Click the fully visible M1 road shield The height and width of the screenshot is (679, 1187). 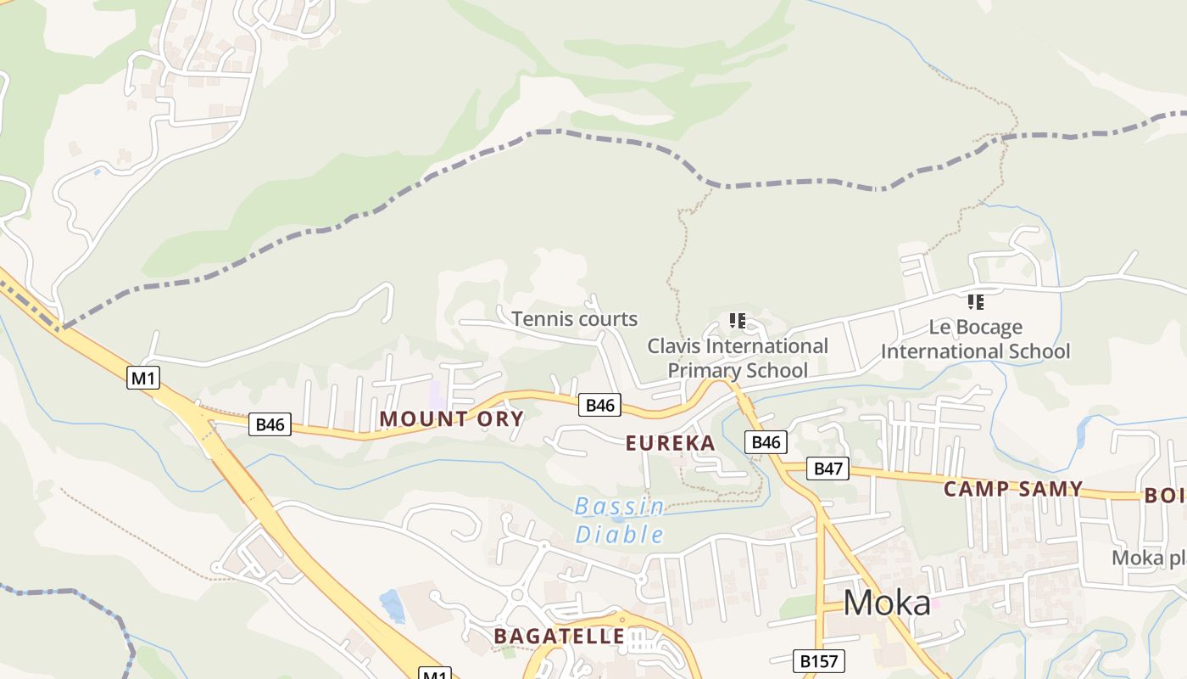pyautogui.click(x=143, y=378)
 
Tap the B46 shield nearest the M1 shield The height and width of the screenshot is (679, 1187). pyautogui.click(x=270, y=424)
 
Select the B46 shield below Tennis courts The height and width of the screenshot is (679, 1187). pyautogui.click(x=600, y=405)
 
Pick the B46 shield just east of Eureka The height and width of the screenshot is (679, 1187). pyautogui.click(x=766, y=441)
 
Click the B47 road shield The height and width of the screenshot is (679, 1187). pyautogui.click(x=827, y=468)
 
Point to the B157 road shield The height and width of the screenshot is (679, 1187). pyautogui.click(x=819, y=660)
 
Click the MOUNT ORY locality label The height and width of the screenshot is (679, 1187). pyautogui.click(x=451, y=418)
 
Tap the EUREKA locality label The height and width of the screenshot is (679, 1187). pyautogui.click(x=670, y=443)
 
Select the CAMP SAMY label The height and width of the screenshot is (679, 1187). pyautogui.click(x=1013, y=489)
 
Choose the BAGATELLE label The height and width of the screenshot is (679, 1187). pyautogui.click(x=560, y=636)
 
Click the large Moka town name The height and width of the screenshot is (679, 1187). pyautogui.click(x=887, y=603)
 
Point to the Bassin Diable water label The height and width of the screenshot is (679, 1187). pyautogui.click(x=620, y=520)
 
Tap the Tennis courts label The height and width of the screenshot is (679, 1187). pyautogui.click(x=574, y=319)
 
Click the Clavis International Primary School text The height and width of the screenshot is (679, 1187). pyautogui.click(x=738, y=357)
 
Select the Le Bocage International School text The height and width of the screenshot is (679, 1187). pyautogui.click(x=976, y=339)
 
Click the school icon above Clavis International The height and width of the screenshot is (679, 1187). pyautogui.click(x=738, y=320)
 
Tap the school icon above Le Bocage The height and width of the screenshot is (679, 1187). pyautogui.click(x=975, y=301)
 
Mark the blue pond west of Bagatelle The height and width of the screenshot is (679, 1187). pyautogui.click(x=392, y=605)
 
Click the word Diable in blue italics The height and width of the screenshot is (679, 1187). pyautogui.click(x=620, y=534)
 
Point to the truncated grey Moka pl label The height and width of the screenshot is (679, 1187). pyautogui.click(x=1149, y=558)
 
